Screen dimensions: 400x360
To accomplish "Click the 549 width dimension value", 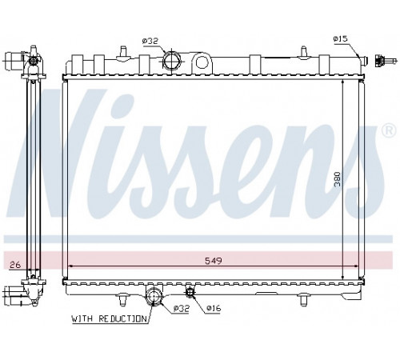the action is click(x=214, y=261).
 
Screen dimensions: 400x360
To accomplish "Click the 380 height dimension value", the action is click(x=338, y=179).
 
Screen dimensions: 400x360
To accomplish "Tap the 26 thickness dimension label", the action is click(x=15, y=265).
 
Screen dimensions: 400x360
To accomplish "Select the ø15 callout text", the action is click(x=341, y=39).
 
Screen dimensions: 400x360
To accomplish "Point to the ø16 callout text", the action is click(x=214, y=308).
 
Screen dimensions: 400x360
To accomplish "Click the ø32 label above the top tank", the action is click(x=150, y=41).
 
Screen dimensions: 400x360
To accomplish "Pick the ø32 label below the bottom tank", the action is click(x=182, y=309).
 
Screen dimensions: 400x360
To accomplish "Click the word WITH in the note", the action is click(x=82, y=318).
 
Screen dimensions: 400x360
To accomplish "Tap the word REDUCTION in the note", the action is click(x=122, y=318).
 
